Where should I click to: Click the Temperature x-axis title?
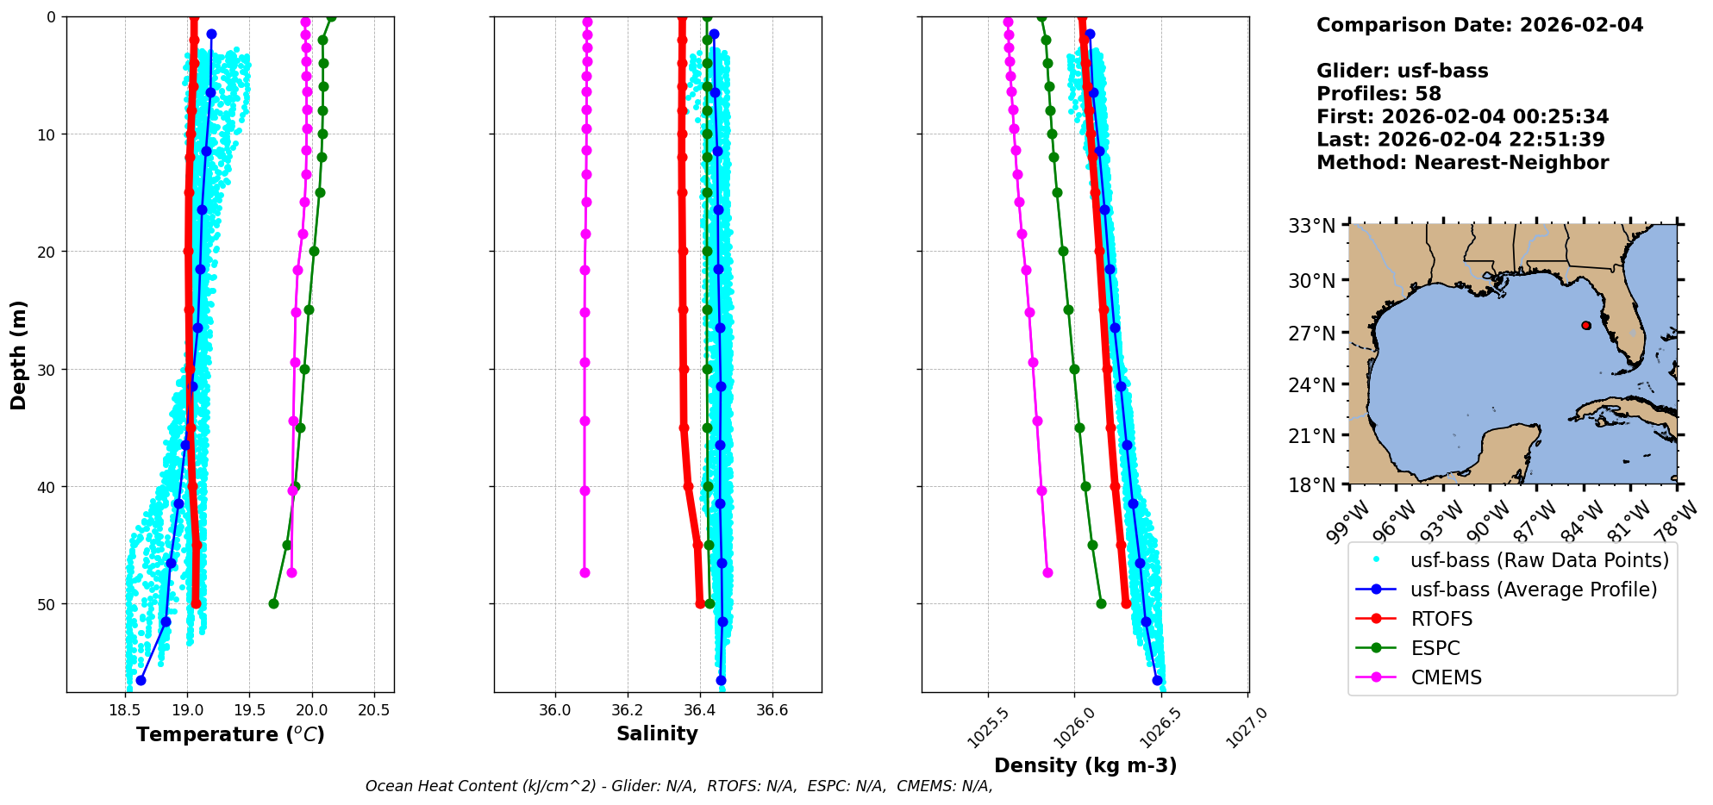click(x=230, y=734)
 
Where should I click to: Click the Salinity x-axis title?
click(x=657, y=733)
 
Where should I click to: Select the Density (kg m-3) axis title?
click(x=1085, y=765)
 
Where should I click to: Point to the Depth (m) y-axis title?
click(x=19, y=355)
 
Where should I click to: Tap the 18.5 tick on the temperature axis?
click(x=125, y=711)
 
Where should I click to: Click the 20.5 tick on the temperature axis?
click(x=373, y=711)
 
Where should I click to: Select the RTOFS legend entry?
click(x=1441, y=619)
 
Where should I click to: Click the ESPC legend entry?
click(x=1435, y=648)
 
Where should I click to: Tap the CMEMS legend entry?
click(x=1446, y=677)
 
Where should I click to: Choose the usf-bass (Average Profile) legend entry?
click(x=1533, y=590)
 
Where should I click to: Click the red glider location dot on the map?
click(x=1586, y=325)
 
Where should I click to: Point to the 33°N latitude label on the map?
click(x=1311, y=226)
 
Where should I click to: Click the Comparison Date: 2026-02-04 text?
click(x=1479, y=25)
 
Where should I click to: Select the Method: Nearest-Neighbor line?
click(x=1462, y=163)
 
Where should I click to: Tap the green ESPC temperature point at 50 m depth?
click(x=273, y=603)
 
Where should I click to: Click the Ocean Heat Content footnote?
click(x=678, y=786)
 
